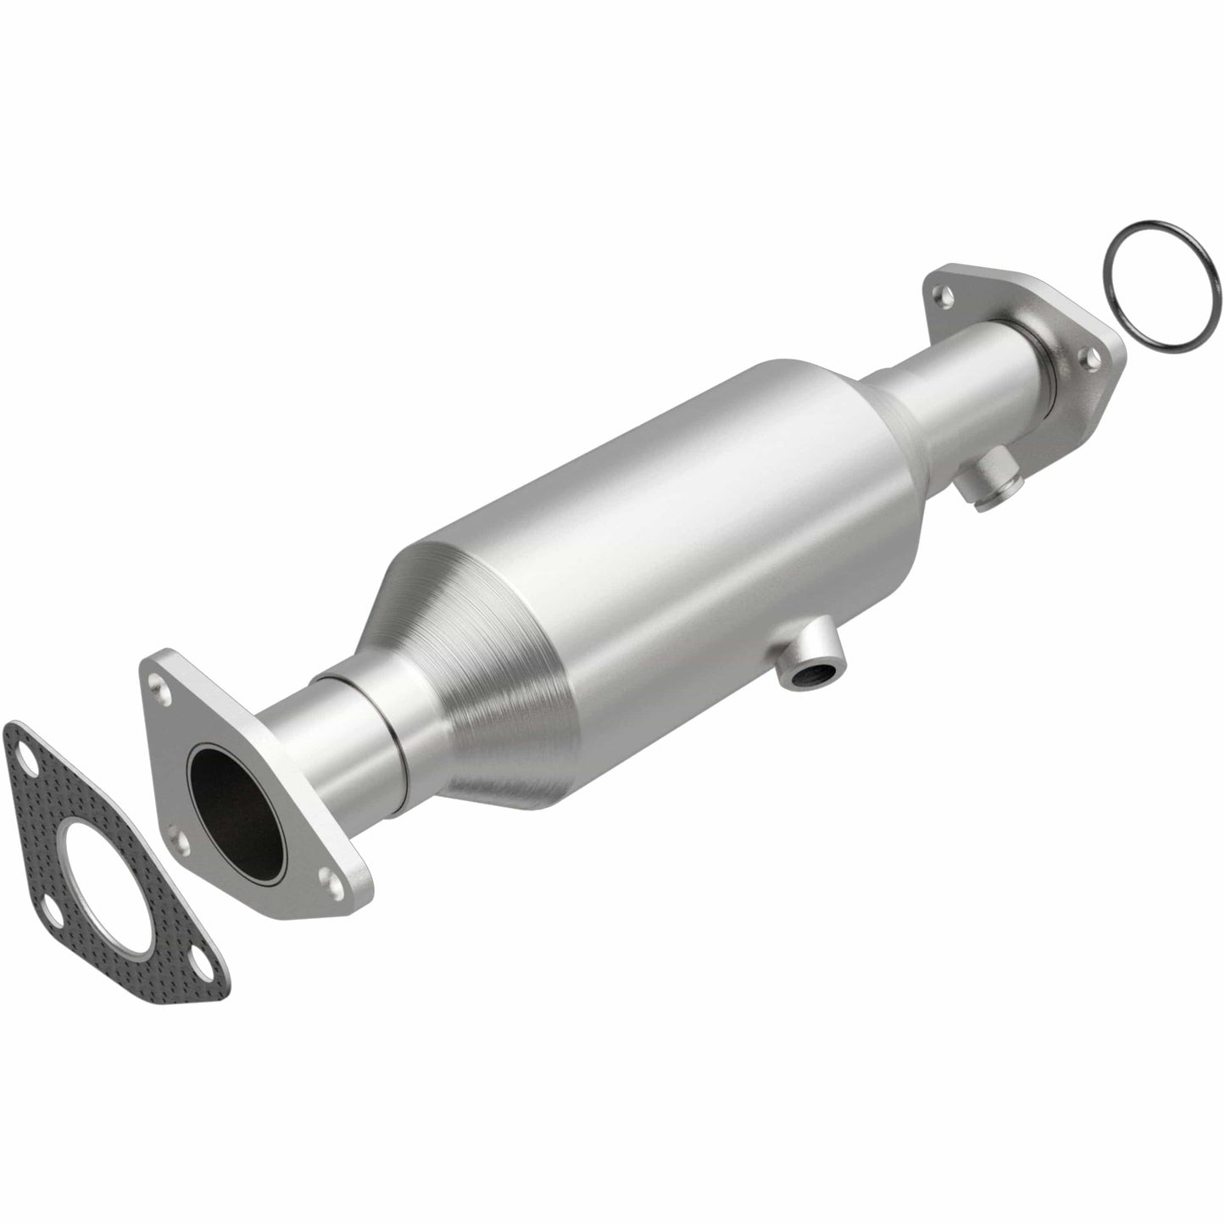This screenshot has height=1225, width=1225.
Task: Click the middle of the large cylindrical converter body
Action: pos(678,543)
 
